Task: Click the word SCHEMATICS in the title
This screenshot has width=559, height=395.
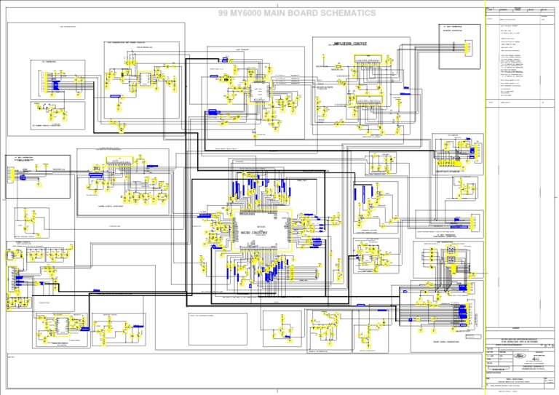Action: [x=348, y=13]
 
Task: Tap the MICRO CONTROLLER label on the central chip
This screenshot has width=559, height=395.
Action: [x=254, y=232]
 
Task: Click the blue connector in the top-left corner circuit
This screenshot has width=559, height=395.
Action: [x=54, y=86]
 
